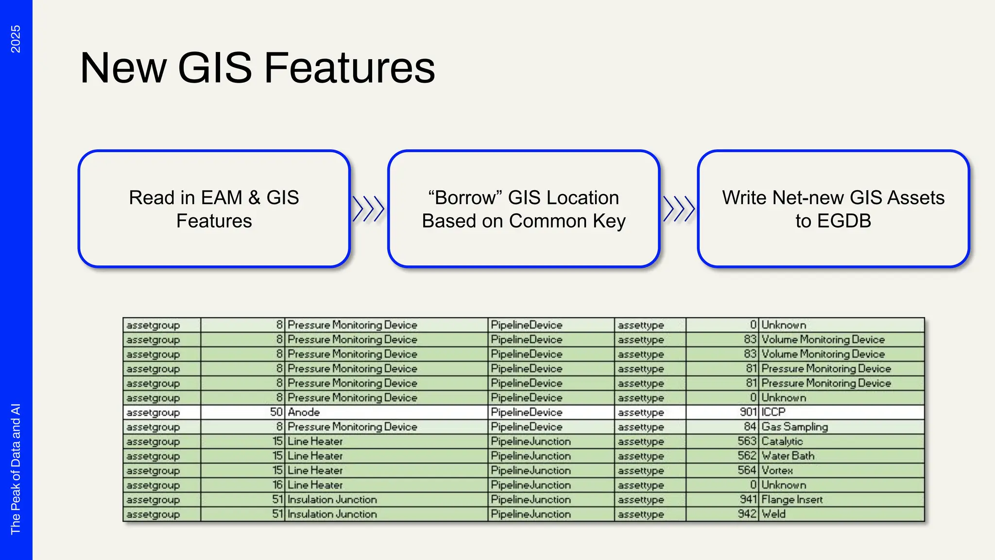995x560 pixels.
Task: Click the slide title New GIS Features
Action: click(x=257, y=68)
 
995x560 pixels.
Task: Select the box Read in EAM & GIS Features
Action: click(x=214, y=209)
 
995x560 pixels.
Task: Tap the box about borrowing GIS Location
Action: click(x=523, y=209)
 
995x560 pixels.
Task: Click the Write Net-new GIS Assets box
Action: click(x=833, y=209)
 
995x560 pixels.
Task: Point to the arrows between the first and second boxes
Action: click(x=368, y=209)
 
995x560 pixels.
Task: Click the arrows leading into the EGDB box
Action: click(x=679, y=209)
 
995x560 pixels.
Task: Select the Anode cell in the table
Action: click(x=304, y=412)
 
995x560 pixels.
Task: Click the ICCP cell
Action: click(x=773, y=412)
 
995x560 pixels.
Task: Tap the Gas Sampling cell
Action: click(x=794, y=427)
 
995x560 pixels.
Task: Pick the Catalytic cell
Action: click(x=782, y=441)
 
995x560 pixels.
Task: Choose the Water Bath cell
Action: click(x=788, y=456)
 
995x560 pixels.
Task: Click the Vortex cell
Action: click(x=777, y=471)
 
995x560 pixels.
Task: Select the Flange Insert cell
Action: click(x=792, y=500)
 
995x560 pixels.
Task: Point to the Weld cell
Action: click(x=773, y=514)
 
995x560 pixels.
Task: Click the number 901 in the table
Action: click(x=748, y=412)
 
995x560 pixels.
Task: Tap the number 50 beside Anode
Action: click(x=276, y=412)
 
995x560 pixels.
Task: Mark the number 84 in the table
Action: click(x=750, y=427)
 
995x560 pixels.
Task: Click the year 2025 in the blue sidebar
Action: click(x=16, y=39)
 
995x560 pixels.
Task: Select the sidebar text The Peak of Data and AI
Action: click(x=16, y=469)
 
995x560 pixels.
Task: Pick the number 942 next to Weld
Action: click(x=747, y=514)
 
